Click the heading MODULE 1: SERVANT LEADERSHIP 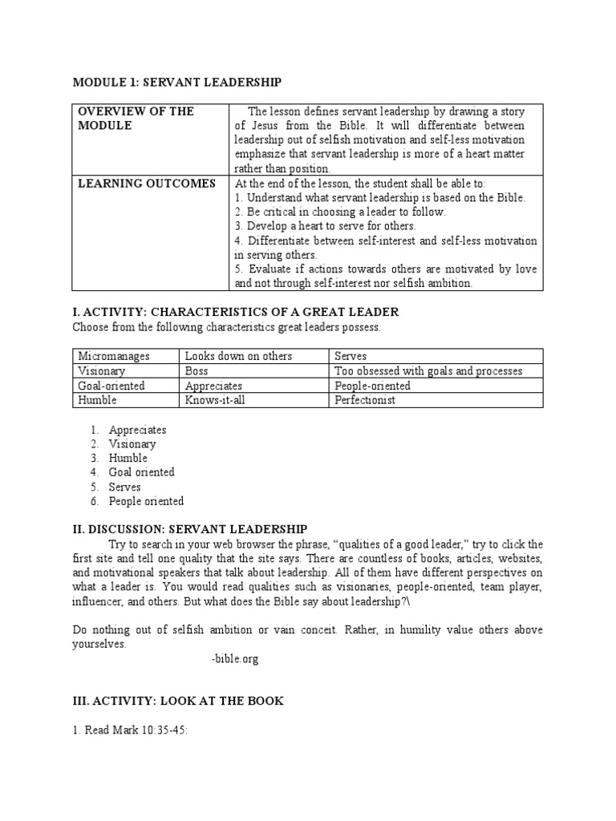coord(177,82)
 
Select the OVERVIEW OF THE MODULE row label coord(136,118)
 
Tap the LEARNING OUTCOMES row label coord(147,184)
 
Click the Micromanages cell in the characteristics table coord(114,356)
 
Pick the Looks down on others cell coord(238,356)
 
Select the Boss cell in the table coord(197,371)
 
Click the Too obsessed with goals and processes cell coord(428,371)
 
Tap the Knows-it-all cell coord(215,400)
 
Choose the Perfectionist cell coord(365,400)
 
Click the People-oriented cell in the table coord(372,386)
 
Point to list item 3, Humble coord(128,458)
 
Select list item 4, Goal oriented coord(141,472)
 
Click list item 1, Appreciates coord(138,430)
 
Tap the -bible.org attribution coord(235,659)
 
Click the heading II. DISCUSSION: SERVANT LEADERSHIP coord(189,529)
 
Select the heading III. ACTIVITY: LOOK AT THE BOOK coord(177,701)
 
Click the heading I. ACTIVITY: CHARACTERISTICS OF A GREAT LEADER coord(235,311)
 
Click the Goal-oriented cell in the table coord(111,386)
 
